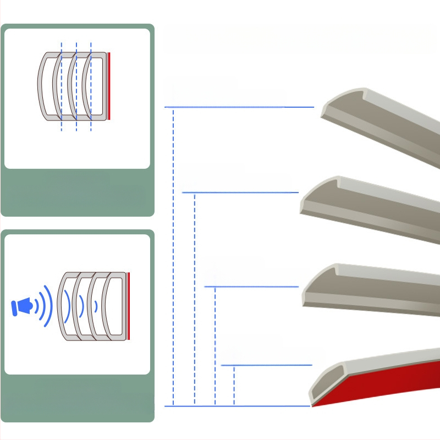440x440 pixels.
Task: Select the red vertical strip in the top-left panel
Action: click(x=109, y=86)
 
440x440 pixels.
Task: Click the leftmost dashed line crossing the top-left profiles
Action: click(x=62, y=86)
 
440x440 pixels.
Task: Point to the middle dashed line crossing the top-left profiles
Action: click(x=76, y=86)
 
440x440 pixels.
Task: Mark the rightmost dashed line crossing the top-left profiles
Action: click(x=91, y=86)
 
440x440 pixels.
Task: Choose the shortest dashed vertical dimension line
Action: click(x=234, y=385)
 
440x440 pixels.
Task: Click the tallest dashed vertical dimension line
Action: click(x=173, y=256)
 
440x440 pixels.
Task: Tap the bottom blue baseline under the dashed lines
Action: click(x=237, y=406)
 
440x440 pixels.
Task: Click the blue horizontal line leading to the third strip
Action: click(x=250, y=287)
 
